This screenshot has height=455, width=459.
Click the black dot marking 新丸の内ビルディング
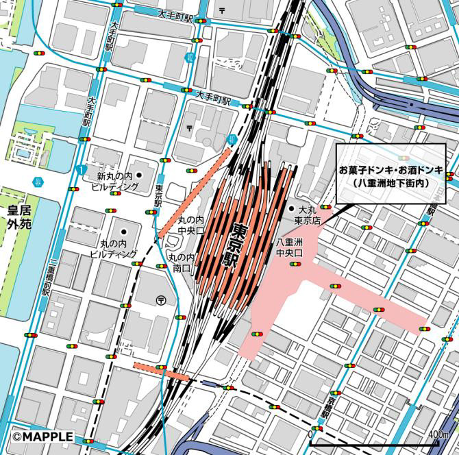click(x=139, y=175)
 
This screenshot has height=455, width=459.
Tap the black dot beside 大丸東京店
click(x=291, y=208)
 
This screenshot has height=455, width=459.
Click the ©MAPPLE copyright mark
click(x=42, y=436)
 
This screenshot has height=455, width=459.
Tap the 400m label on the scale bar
click(x=438, y=434)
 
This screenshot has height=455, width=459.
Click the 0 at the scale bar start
click(x=312, y=434)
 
